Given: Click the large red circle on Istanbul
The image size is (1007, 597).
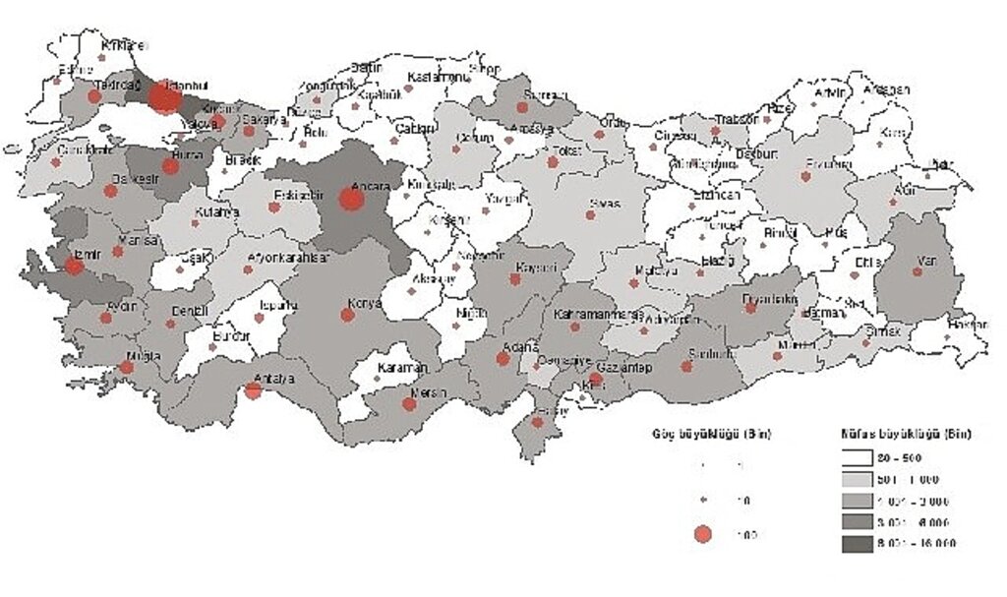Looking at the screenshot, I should coord(165,97).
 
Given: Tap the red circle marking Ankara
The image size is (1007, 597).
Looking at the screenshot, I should coord(351,200).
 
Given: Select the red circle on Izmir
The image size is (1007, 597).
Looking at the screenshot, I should coord(74,265).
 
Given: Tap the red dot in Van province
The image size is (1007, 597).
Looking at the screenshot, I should coord(917,270).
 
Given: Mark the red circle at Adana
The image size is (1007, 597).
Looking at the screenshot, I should coord(503,359).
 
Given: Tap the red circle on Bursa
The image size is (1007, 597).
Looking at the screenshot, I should coord(171,166).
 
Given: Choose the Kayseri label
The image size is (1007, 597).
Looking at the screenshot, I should coord(537,268).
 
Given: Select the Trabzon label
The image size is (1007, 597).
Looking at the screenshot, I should coord(736,119).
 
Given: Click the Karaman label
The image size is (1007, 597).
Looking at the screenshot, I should coord(403,368).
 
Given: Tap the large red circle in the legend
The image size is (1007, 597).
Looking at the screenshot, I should coord(702,534).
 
